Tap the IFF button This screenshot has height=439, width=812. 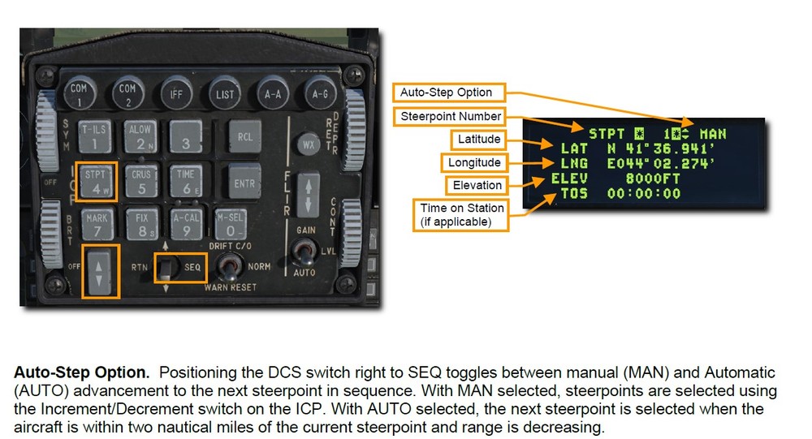[176, 93]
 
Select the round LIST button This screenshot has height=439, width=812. [225, 93]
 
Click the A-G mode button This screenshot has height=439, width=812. [319, 93]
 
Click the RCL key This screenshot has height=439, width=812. [244, 136]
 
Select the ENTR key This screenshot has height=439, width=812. [244, 183]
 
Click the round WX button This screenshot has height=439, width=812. [308, 144]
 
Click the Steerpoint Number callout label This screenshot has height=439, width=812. [451, 116]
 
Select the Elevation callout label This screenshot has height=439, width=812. [477, 185]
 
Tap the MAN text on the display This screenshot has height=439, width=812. [712, 133]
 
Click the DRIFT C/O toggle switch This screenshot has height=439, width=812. [228, 266]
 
